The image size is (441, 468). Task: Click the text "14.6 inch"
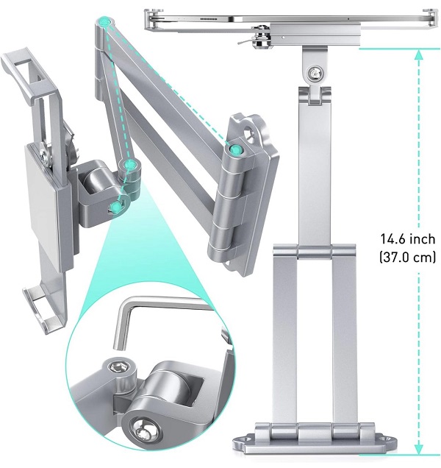(408, 239)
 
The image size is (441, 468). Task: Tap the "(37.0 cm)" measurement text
(408, 257)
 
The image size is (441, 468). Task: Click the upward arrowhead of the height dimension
(419, 54)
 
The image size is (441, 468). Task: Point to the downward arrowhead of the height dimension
(419, 449)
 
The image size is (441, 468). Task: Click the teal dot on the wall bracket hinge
(235, 149)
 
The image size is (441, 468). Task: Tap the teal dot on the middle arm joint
(129, 164)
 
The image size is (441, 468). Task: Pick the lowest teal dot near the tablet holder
(116, 207)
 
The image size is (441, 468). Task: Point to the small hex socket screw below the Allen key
(118, 367)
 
